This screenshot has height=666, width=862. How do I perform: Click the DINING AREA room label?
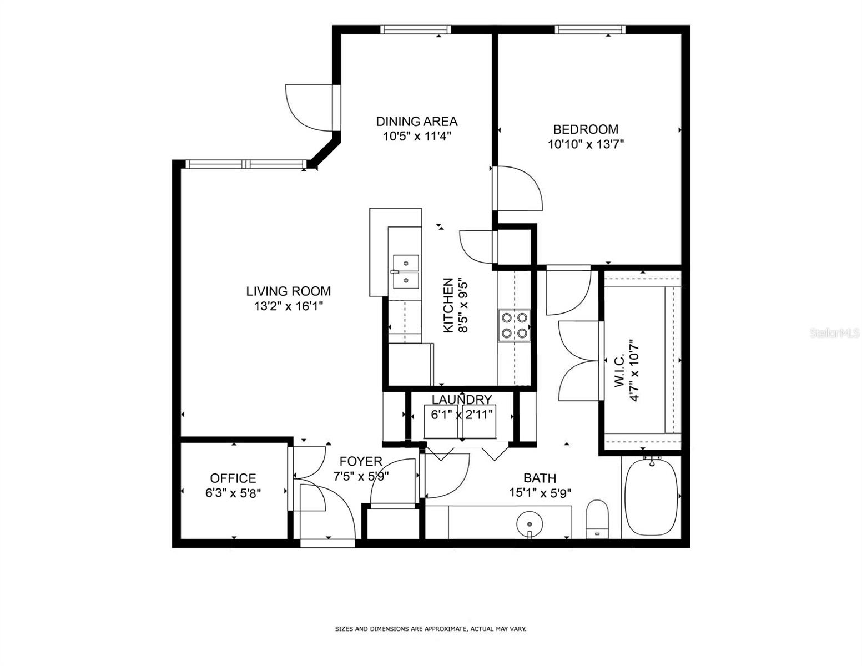point(416,121)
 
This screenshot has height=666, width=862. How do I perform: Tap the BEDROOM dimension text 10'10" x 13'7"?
point(586,144)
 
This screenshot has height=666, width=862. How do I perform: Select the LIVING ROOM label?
point(289,291)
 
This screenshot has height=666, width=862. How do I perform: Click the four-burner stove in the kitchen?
point(514,325)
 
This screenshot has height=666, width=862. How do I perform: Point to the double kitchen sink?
point(405,272)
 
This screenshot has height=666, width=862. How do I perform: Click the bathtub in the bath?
point(651,497)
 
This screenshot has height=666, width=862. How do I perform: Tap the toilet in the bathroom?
point(597,519)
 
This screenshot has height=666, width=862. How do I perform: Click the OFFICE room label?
point(233,478)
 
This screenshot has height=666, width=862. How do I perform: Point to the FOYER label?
point(361,461)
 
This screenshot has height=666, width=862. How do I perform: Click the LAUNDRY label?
point(462,400)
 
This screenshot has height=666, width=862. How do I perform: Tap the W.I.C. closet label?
point(619,370)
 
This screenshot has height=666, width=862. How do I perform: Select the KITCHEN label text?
point(448,305)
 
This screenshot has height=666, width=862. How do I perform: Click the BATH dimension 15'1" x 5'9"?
point(540,493)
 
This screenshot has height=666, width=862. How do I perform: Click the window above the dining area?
point(416,29)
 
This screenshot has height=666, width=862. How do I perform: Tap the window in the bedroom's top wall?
point(590,29)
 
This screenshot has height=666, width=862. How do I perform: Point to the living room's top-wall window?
point(246,164)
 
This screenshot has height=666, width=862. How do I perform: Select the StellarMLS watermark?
point(835,333)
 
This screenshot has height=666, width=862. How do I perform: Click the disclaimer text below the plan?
point(431,629)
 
